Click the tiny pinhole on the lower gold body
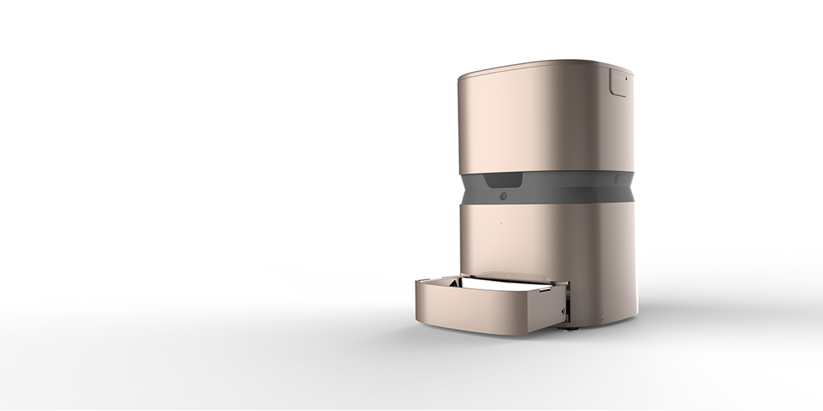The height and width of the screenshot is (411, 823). point(501,223)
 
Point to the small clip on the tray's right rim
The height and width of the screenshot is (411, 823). point(545,290)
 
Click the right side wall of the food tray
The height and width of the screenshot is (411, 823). point(549,312)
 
